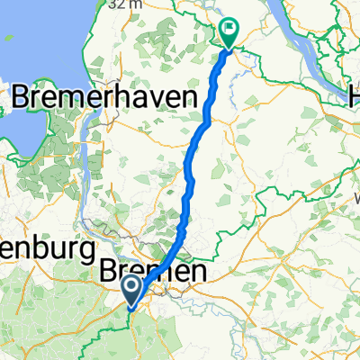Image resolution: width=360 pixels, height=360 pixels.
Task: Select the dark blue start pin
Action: pos(131,290)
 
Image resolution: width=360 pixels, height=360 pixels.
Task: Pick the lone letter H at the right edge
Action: pos(355,99)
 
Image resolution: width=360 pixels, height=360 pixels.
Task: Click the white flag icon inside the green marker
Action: pos(229,29)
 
